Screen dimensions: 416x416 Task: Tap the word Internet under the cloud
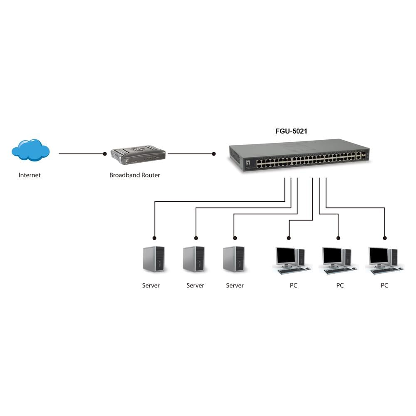pyautogui.click(x=30, y=175)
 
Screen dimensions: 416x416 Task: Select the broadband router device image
pyautogui.click(x=138, y=155)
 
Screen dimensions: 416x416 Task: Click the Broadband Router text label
pyautogui.click(x=134, y=175)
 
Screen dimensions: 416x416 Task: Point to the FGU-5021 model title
pyautogui.click(x=291, y=131)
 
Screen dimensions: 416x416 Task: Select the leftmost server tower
pyautogui.click(x=154, y=259)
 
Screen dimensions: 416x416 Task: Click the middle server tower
pyautogui.click(x=194, y=259)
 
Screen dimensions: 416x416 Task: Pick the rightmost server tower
pyautogui.click(x=234, y=259)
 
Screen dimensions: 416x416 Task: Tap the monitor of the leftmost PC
pyautogui.click(x=285, y=255)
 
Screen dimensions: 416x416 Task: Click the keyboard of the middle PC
pyautogui.click(x=338, y=270)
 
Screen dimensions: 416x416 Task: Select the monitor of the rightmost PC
pyautogui.click(x=378, y=255)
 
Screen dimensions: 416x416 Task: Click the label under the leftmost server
pyautogui.click(x=151, y=285)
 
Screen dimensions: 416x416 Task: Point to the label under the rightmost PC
pyautogui.click(x=384, y=285)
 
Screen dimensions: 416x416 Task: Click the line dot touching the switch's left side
pyautogui.click(x=214, y=154)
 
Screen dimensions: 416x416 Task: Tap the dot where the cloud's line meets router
pyautogui.click(x=105, y=154)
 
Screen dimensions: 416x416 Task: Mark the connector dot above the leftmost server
pyautogui.click(x=154, y=238)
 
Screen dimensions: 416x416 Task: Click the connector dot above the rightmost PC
pyautogui.click(x=384, y=238)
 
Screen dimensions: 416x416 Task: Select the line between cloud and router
pyautogui.click(x=81, y=154)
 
